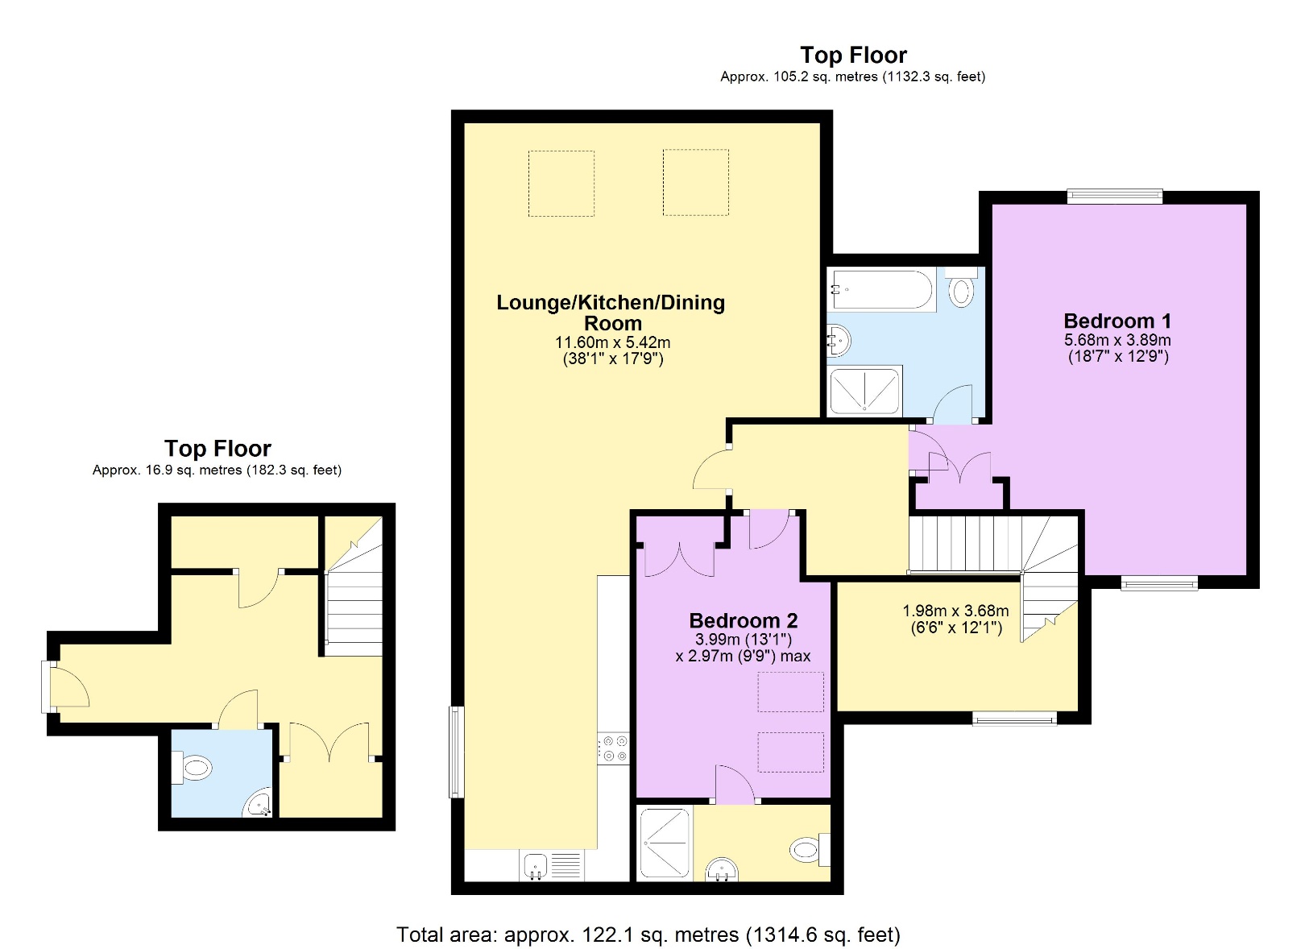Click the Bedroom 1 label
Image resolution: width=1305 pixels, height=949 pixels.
tap(1117, 321)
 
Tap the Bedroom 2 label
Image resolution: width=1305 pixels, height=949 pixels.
tap(743, 620)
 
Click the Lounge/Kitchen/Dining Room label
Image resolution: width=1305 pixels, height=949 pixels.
tap(611, 313)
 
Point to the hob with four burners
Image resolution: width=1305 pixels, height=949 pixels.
tap(612, 748)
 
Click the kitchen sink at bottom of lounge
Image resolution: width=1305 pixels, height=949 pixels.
tap(536, 866)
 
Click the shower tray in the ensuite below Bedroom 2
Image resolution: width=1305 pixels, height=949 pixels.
tap(665, 843)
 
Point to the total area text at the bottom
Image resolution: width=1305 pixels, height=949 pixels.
tap(648, 934)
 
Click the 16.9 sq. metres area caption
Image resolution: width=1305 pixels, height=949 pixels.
tap(217, 470)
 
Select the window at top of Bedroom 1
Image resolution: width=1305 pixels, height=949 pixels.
tap(1114, 196)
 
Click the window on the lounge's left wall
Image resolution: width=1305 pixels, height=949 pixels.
tap(456, 752)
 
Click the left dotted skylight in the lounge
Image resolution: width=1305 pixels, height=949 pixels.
tap(561, 183)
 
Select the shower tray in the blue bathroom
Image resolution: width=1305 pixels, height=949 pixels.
tap(865, 391)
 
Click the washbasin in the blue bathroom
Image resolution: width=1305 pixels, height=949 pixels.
tap(839, 339)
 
